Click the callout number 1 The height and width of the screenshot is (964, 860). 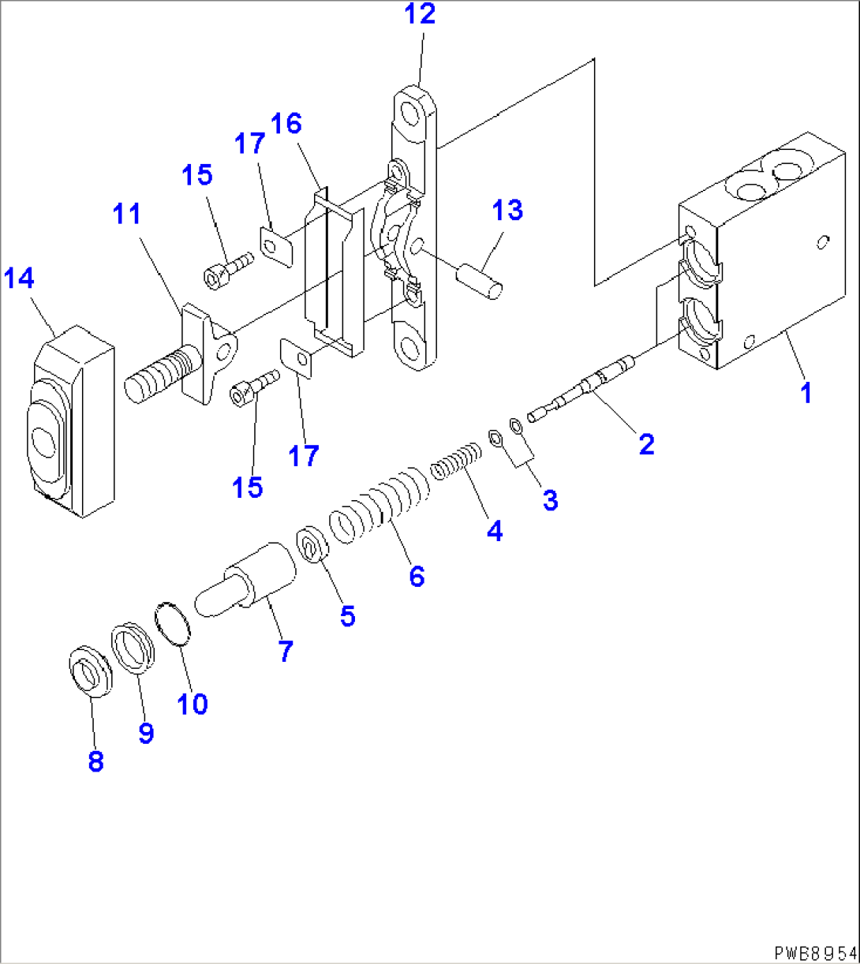806,392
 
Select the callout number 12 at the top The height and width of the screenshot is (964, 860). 420,14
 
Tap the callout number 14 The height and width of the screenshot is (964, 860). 21,278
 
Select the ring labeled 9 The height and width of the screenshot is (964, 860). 133,648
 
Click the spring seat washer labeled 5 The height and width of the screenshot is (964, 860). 312,544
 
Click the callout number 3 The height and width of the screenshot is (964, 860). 549,499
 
